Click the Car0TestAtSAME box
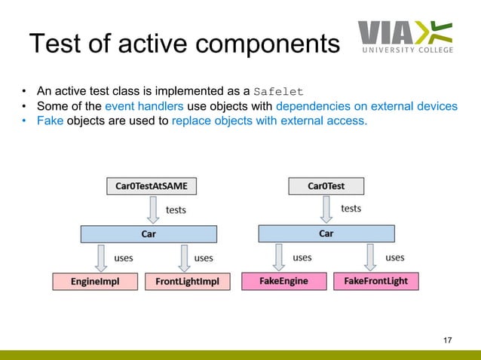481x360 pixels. [146, 185]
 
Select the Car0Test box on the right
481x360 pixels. [326, 185]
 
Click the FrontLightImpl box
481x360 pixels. [187, 282]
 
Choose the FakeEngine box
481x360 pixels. [283, 281]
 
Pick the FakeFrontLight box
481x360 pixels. [375, 281]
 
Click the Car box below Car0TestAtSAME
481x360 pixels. [149, 234]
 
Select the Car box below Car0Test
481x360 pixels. [326, 233]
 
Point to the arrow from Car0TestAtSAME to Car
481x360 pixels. [153, 210]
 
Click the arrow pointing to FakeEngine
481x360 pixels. [279, 258]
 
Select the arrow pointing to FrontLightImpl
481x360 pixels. [183, 258]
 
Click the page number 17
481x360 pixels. [448, 342]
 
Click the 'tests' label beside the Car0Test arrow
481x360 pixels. [351, 208]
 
